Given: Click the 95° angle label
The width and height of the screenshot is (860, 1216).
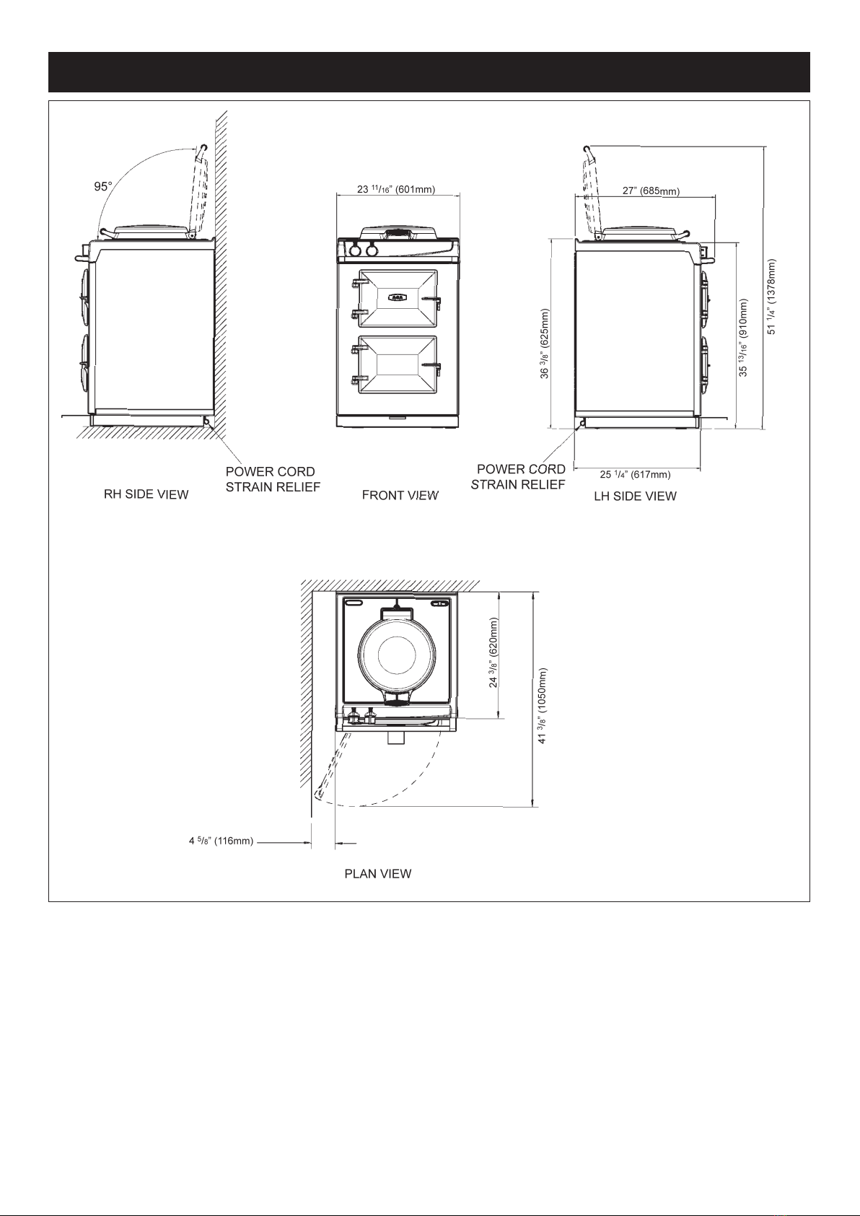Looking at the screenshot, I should tap(103, 186).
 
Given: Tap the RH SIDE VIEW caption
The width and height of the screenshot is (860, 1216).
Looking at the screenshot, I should tap(146, 494).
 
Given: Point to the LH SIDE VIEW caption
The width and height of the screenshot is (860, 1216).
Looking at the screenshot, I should tap(635, 496).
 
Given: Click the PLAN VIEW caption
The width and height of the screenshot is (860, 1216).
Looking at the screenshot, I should tap(378, 873).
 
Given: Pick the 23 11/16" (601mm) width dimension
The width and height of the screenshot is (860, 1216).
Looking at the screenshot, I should tap(396, 190).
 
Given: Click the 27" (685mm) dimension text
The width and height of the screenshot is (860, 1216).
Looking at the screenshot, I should tap(651, 191).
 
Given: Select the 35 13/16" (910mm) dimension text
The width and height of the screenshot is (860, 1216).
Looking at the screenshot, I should tap(745, 337).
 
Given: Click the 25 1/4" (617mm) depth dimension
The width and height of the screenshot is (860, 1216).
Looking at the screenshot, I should tap(636, 474).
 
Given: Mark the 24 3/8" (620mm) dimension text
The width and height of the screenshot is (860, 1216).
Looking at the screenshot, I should tap(494, 652).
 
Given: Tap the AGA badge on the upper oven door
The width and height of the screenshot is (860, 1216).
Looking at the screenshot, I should tap(398, 297).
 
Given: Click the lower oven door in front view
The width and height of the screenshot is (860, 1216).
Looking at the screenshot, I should tap(398, 367).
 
